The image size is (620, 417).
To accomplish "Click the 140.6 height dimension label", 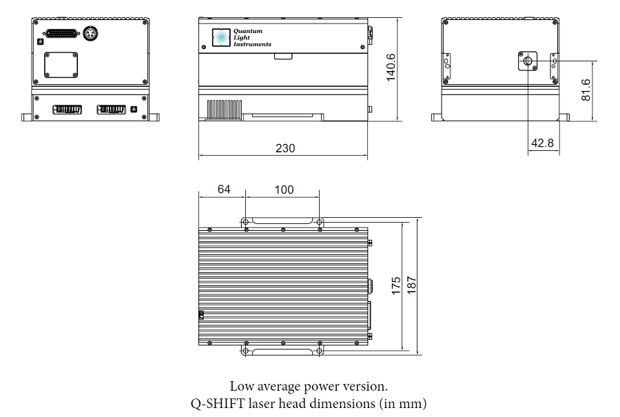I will (x=390, y=67).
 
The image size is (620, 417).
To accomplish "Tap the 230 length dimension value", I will (x=285, y=148).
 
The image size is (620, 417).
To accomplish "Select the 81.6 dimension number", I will (x=586, y=89).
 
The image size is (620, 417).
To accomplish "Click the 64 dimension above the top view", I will (x=224, y=189).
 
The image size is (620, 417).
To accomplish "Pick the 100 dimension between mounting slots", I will (x=284, y=189).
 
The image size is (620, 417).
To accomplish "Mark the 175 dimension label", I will (x=396, y=285).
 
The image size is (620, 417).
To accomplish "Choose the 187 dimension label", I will (x=412, y=285).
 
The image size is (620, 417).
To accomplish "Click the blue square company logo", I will (x=221, y=37).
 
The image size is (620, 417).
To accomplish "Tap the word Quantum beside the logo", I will (x=248, y=31).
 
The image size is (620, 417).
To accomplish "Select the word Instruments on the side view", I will (x=252, y=44).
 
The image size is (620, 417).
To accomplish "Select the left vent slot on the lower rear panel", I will (x=68, y=110).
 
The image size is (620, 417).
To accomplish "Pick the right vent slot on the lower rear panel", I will (x=112, y=110).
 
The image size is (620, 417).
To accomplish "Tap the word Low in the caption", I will (x=241, y=387).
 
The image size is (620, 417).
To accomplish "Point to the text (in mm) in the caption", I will (x=407, y=403).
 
